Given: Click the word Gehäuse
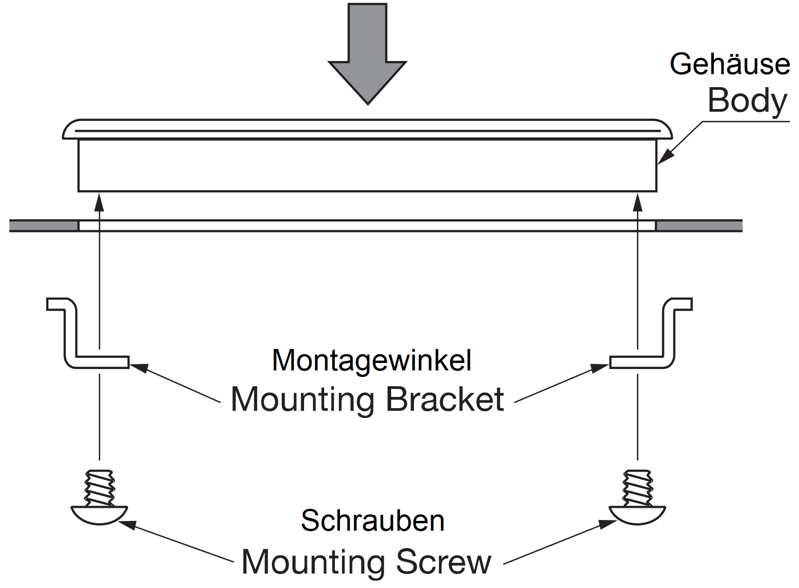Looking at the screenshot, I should tap(730, 64).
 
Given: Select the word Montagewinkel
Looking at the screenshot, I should tap(372, 360).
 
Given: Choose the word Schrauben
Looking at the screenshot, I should tap(372, 520).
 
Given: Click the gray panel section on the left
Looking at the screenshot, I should tap(44, 226).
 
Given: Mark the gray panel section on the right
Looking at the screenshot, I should tap(698, 226).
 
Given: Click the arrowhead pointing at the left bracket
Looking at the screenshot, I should tap(137, 367).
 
